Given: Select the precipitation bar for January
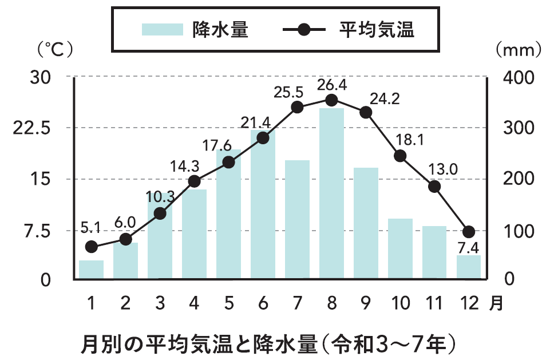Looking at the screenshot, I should pos(91,270).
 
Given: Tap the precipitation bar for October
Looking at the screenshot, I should pos(400,249).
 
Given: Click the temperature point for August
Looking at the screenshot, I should pos(331,100).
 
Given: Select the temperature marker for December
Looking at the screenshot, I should pos(469,232).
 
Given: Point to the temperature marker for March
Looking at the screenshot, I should pos(160,213).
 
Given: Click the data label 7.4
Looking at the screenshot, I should pos(469,249).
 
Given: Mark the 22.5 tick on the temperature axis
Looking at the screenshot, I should pos(33,128).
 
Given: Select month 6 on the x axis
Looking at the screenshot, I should pos(263,302).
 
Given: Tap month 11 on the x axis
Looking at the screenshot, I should pos(434,302).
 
